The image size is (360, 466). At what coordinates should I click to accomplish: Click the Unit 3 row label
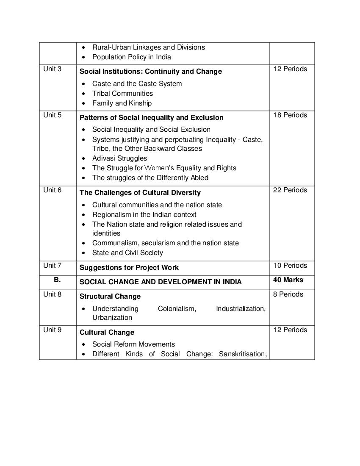(52, 69)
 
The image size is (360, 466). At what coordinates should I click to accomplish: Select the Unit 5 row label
(52, 115)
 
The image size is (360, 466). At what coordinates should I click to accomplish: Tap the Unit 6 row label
(52, 190)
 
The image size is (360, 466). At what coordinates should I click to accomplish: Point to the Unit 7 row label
(52, 266)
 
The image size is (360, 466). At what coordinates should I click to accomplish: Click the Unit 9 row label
(52, 330)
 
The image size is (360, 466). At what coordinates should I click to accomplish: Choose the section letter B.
(57, 280)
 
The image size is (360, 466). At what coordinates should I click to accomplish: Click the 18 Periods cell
(290, 115)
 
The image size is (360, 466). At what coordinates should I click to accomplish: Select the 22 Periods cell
(290, 190)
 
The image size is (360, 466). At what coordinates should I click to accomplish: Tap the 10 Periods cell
(290, 266)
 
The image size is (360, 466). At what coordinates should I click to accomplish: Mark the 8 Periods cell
(288, 294)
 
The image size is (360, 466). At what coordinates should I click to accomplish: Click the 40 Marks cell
(288, 280)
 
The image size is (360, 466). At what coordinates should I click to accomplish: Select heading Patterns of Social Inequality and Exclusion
(151, 117)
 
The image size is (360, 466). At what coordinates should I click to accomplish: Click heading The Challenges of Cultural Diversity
(140, 192)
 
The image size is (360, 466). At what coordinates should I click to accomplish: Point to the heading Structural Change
(110, 296)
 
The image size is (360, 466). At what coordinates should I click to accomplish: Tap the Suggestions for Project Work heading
(129, 267)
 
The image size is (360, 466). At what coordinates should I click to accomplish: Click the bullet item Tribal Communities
(122, 93)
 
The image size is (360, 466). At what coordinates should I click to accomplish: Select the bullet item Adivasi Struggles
(119, 158)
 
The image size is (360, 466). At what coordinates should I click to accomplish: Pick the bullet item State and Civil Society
(127, 252)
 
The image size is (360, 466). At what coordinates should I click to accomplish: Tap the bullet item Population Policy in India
(131, 57)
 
